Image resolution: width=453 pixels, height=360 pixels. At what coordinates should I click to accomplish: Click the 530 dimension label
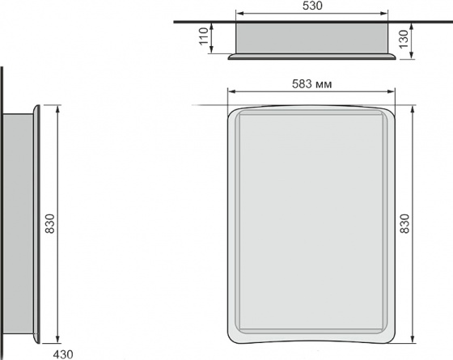tap(312, 6)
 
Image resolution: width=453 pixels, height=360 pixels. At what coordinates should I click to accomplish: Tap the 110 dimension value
tap(204, 36)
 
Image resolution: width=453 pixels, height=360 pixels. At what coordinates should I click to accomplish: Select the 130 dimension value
tap(404, 39)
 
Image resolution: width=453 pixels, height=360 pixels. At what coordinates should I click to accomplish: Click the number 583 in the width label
tap(302, 84)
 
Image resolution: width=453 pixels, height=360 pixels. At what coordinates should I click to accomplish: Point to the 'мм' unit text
tap(324, 85)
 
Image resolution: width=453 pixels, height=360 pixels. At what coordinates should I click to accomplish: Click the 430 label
tap(63, 354)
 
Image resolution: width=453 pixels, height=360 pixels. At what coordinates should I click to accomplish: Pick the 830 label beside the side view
tap(49, 223)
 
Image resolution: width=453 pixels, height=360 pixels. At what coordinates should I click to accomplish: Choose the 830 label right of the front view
tap(404, 223)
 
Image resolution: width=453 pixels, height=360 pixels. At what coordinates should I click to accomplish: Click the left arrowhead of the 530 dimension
tap(239, 14)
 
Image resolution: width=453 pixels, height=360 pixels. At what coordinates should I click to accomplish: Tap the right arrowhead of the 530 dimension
tap(384, 14)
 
